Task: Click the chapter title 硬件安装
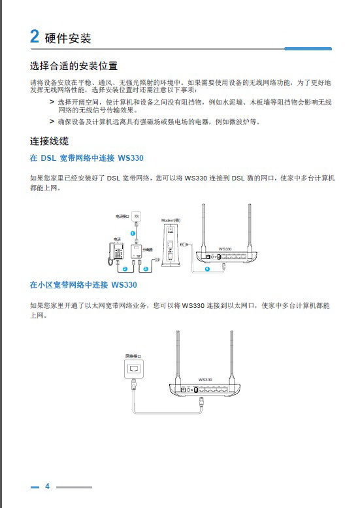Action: pyautogui.click(x=68, y=38)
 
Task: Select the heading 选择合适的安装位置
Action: pyautogui.click(x=74, y=66)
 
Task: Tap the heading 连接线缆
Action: pyautogui.click(x=49, y=141)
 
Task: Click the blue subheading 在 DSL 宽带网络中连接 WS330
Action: pyautogui.click(x=87, y=158)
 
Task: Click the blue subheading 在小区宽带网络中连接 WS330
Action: pyautogui.click(x=84, y=285)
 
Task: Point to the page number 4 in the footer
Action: pyautogui.click(x=47, y=486)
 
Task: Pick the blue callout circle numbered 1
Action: pyautogui.click(x=133, y=233)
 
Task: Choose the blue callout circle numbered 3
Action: pyautogui.click(x=145, y=269)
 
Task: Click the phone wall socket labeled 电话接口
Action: pyautogui.click(x=136, y=216)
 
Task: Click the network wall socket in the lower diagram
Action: pyautogui.click(x=135, y=371)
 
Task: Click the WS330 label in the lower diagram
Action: pyautogui.click(x=205, y=379)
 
